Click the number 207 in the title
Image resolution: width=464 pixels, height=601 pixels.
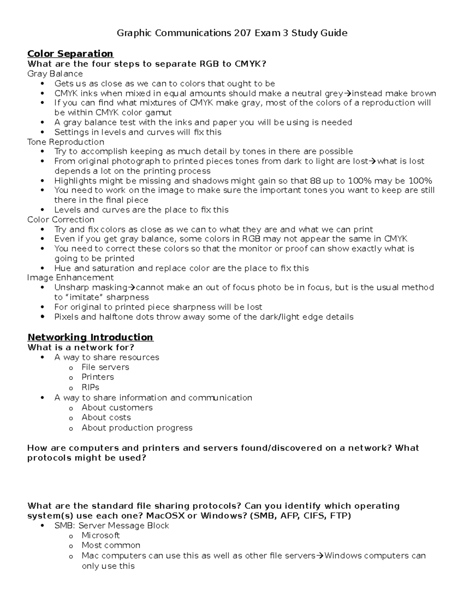point(244,33)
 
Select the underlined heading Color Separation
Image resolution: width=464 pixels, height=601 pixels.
point(70,54)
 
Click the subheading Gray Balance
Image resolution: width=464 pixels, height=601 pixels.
point(55,74)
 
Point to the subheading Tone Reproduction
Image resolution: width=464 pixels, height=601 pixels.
point(66,142)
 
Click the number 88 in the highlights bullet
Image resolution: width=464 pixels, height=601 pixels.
point(315,181)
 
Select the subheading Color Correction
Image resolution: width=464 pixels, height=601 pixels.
point(61,220)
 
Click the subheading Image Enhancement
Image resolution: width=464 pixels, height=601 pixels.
point(70,278)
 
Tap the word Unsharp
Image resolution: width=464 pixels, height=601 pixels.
point(69,288)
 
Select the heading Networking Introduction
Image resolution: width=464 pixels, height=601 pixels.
point(90,337)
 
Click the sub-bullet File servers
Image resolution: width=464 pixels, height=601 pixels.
point(105,367)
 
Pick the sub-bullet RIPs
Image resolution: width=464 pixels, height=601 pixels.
point(90,387)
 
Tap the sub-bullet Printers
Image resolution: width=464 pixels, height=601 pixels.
point(97,377)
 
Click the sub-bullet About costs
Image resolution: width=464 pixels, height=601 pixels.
point(106,418)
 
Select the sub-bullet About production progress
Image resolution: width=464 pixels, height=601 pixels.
point(137,428)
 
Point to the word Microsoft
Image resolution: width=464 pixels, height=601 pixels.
point(101,536)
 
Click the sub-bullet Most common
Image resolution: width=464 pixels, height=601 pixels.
point(111,545)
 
